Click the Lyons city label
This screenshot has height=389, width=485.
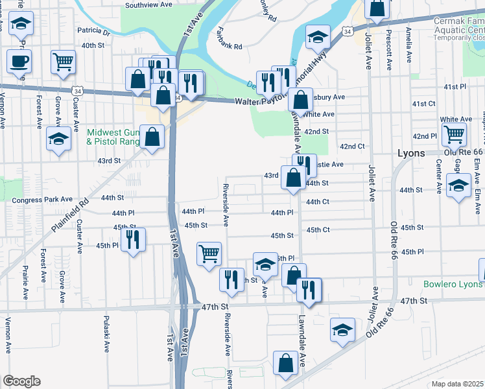(410, 154)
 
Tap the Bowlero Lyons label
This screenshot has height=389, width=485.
(454, 284)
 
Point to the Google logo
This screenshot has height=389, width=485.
(21, 381)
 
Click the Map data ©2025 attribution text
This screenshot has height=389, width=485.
(458, 384)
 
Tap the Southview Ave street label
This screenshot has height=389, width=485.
(149, 5)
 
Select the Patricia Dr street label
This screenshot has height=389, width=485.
(94, 30)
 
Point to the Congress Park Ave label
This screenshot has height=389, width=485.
(43, 200)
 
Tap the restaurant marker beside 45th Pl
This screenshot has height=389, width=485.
(134, 239)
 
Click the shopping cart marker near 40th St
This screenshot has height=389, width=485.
(64, 62)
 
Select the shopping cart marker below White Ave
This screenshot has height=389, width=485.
(455, 134)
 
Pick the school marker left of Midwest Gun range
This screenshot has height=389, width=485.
(58, 139)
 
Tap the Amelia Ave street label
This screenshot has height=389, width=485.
(408, 44)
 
